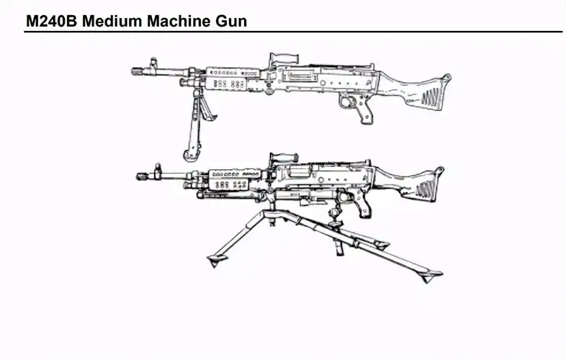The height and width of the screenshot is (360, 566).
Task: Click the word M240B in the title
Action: pyautogui.click(x=51, y=22)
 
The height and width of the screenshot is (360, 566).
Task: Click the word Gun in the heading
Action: pyautogui.click(x=230, y=22)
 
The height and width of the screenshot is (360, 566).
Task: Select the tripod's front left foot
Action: pyautogui.click(x=214, y=259)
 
